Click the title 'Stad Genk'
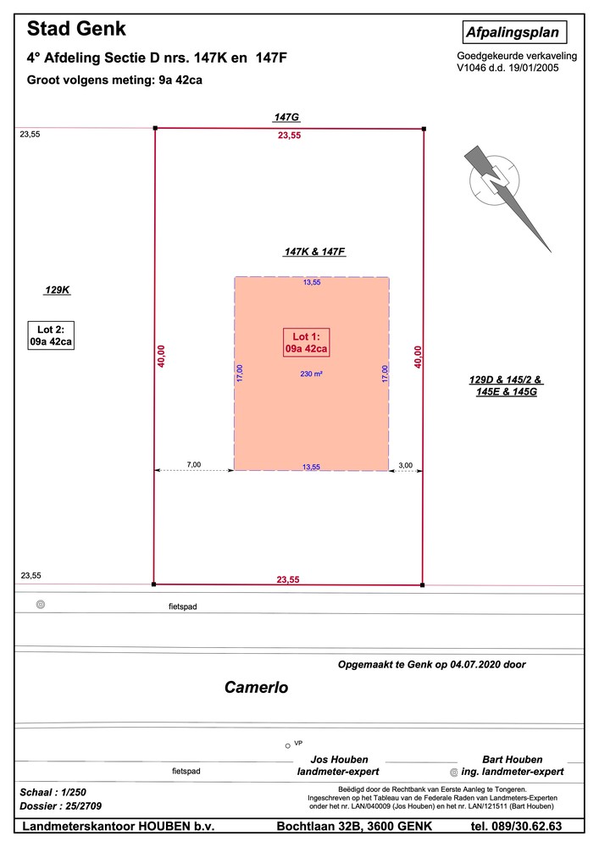point(76,29)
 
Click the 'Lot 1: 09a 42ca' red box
point(306,342)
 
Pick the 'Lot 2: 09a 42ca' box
point(51,335)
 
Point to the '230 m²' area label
point(312,374)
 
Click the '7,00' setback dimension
point(193,464)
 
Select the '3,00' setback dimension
point(405,465)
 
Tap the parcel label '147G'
point(286,117)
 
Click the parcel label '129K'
point(58,290)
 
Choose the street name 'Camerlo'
point(256,687)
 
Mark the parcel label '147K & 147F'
point(315,252)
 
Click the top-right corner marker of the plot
point(424,129)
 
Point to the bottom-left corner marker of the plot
point(154,584)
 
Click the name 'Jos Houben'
point(339,760)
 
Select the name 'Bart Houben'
point(512,760)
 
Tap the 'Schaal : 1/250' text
point(53,793)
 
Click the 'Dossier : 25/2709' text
point(60,806)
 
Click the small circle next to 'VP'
point(288,746)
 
